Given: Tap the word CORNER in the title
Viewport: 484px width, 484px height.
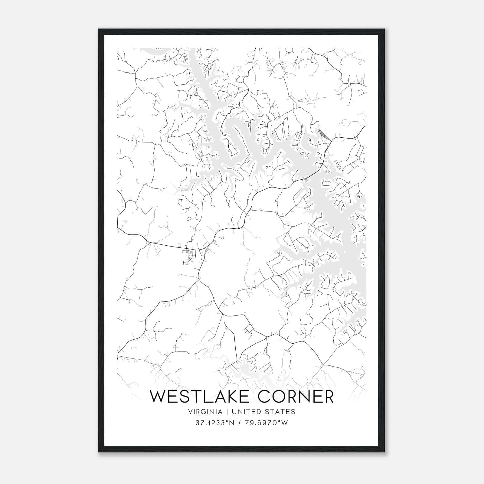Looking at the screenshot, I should (296, 397).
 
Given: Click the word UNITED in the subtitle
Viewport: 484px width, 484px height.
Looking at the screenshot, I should (245, 412).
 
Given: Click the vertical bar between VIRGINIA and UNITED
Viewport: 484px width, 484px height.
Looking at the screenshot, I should (226, 412).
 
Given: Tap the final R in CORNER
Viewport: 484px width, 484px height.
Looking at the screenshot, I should (328, 397).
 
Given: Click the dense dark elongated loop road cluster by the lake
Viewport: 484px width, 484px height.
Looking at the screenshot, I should (322, 134).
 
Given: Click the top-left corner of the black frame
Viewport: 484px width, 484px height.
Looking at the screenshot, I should (99, 29).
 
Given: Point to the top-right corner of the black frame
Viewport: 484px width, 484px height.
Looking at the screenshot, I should (384, 29).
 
